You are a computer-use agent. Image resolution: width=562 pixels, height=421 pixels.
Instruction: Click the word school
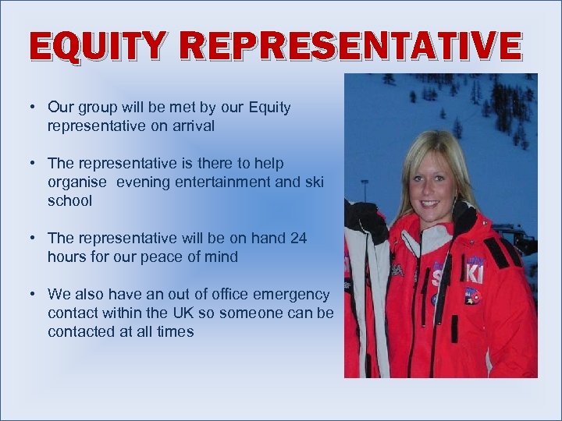tap(69, 200)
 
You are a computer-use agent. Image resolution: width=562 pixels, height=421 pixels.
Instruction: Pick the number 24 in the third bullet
tap(298, 238)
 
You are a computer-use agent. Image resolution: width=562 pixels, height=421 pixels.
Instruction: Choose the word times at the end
tap(175, 331)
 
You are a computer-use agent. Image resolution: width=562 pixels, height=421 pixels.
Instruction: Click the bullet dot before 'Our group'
tap(35, 108)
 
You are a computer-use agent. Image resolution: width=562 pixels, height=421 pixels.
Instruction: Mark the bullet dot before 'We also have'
tap(35, 294)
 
